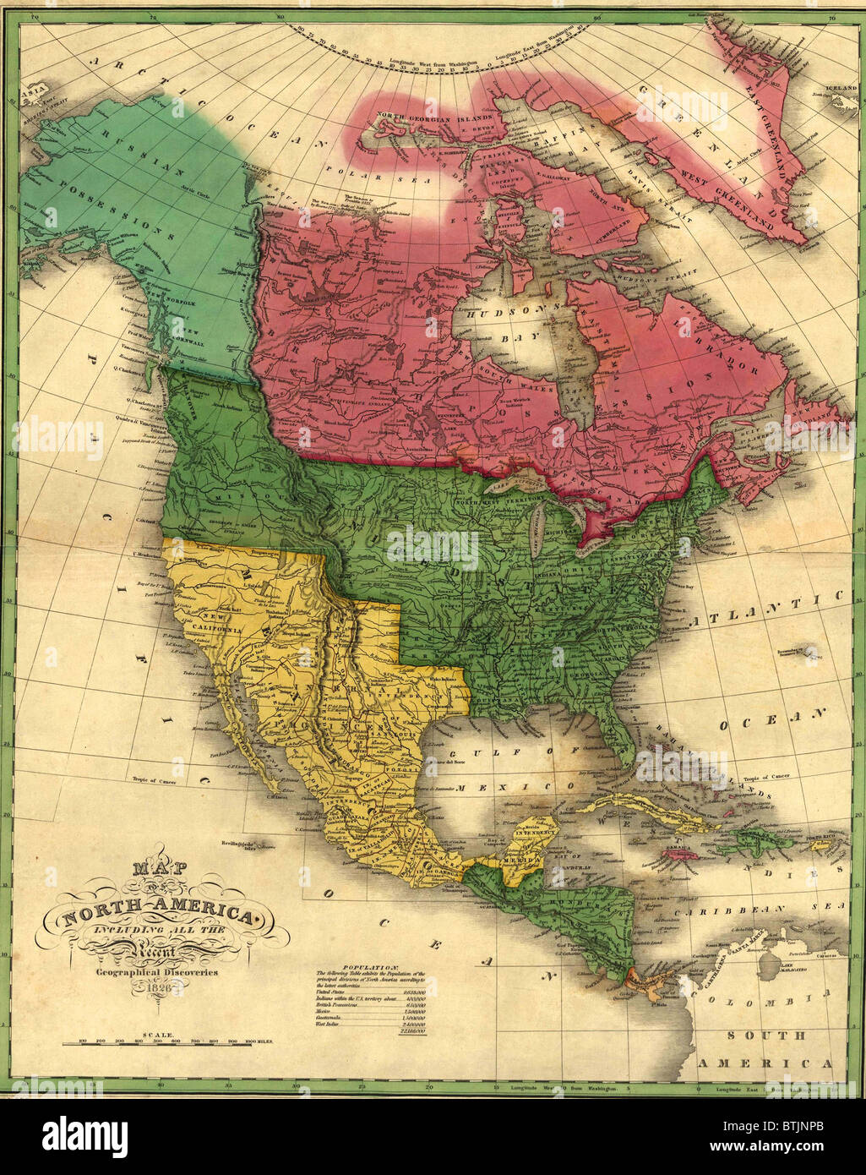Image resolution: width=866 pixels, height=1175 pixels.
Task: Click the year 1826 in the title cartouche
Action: pos(161,986)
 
